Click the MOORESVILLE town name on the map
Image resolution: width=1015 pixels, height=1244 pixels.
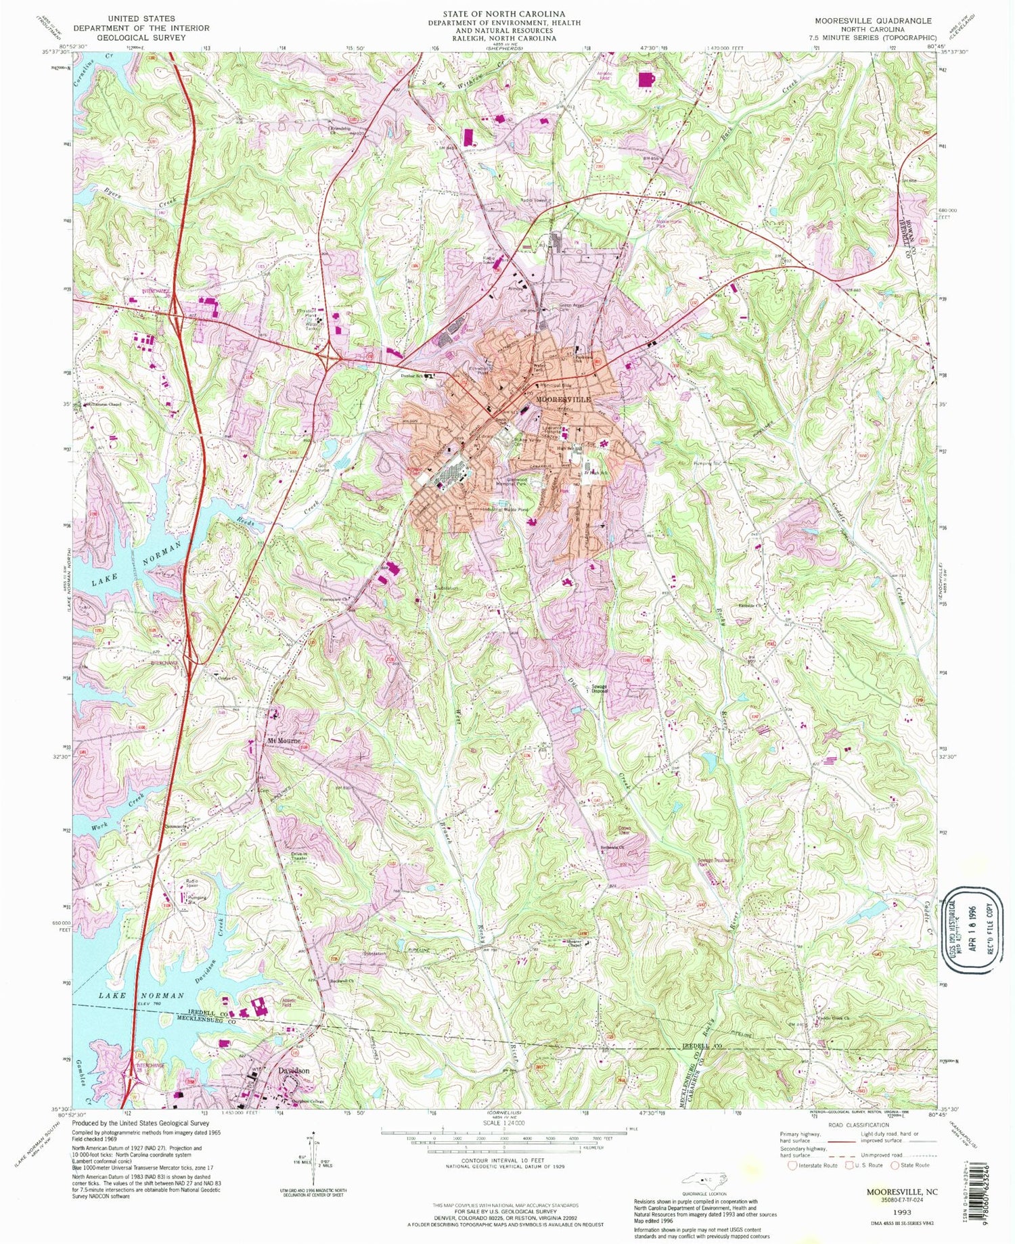(563, 400)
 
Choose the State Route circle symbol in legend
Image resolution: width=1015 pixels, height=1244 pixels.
(895, 1165)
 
